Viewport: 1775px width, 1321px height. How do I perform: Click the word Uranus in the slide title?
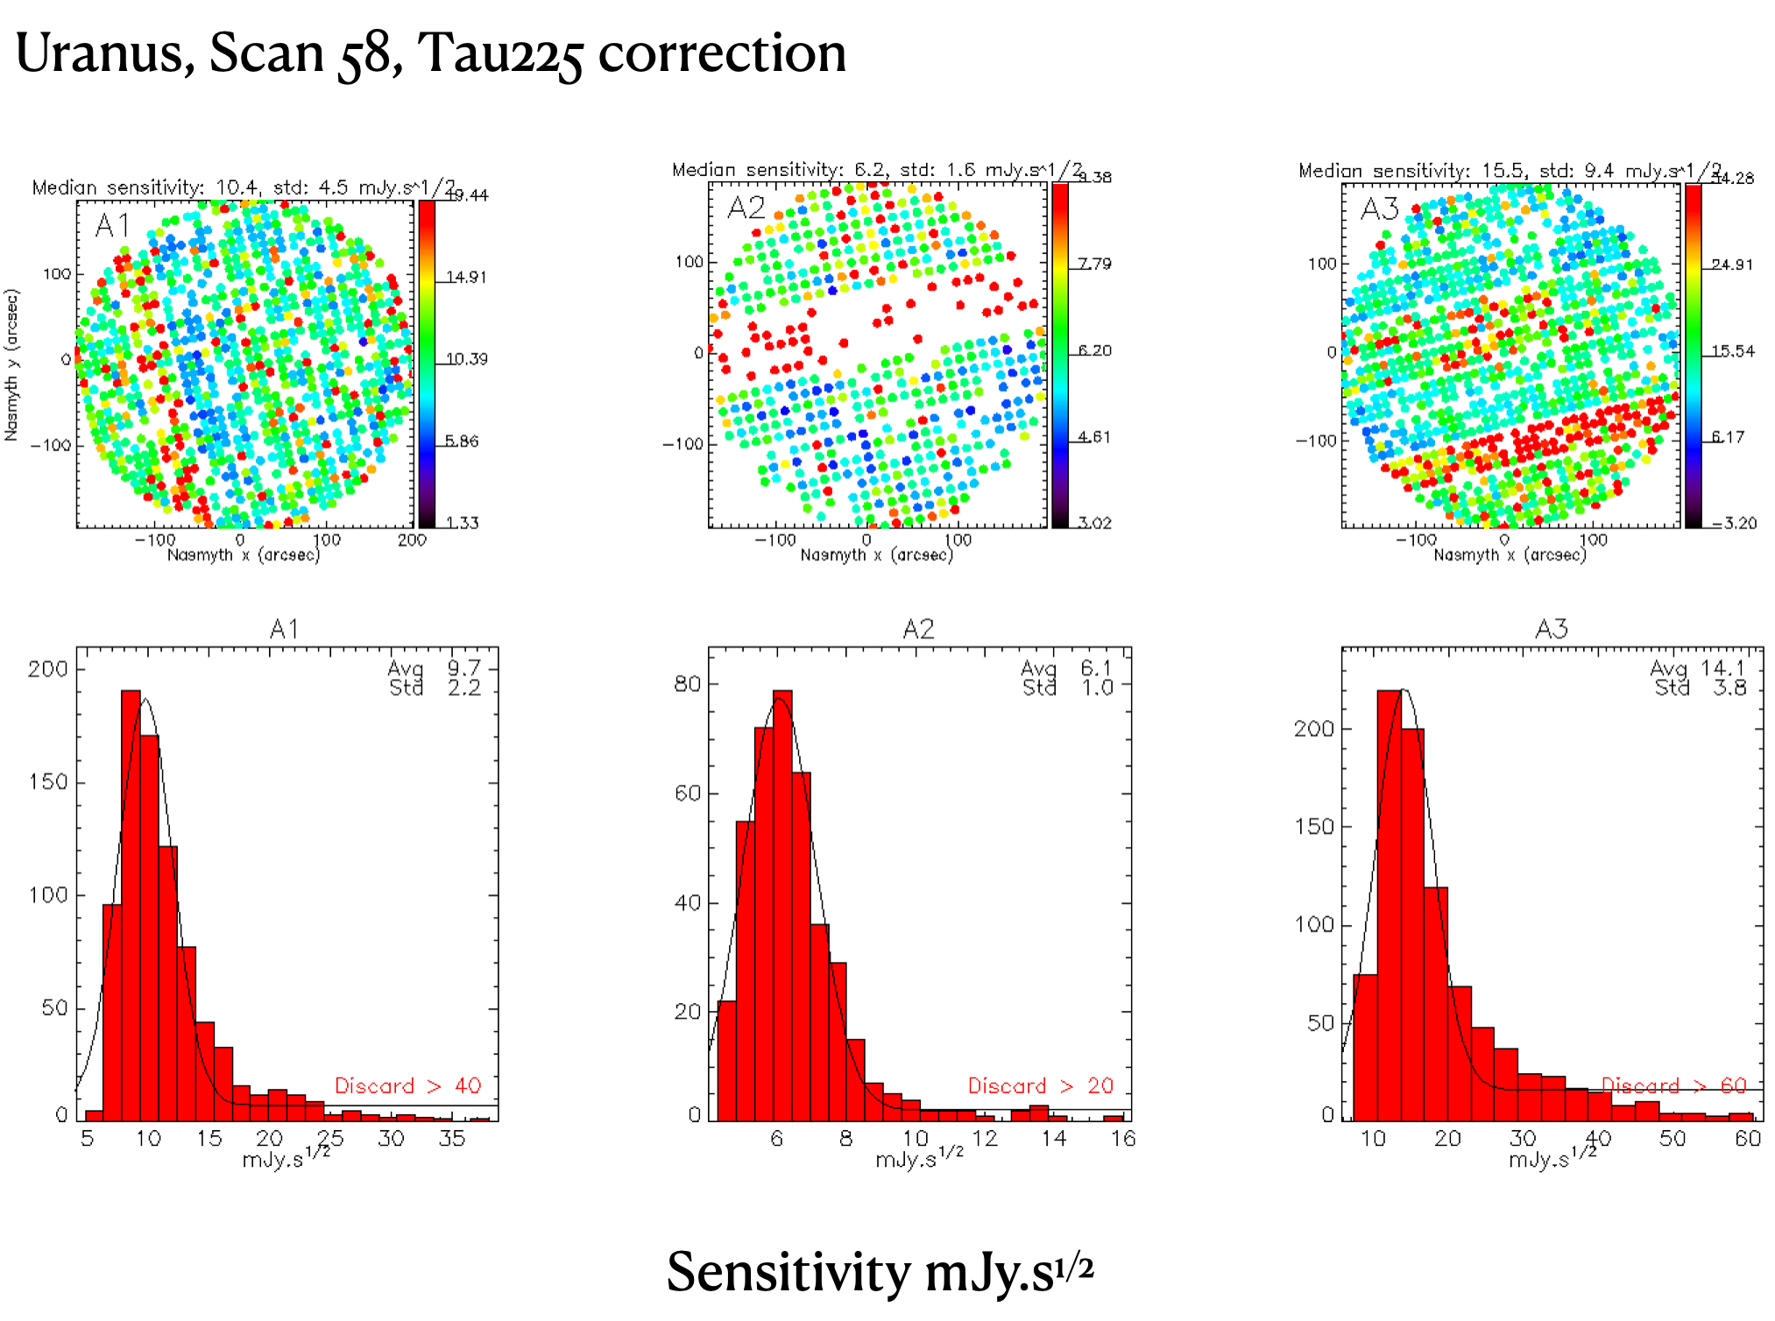pyautogui.click(x=103, y=53)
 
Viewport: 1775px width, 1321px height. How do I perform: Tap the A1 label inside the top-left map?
pyautogui.click(x=112, y=226)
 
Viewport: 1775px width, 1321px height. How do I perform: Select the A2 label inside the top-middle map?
pyautogui.click(x=746, y=208)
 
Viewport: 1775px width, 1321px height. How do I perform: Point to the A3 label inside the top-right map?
pyautogui.click(x=1379, y=208)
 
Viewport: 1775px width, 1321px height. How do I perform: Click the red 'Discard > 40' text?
pyautogui.click(x=407, y=1085)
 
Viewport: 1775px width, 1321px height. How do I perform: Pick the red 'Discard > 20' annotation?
pyautogui.click(x=1040, y=1085)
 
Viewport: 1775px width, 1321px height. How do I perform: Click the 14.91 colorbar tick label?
pyautogui.click(x=467, y=277)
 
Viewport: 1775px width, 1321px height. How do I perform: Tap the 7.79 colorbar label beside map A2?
pyautogui.click(x=1094, y=264)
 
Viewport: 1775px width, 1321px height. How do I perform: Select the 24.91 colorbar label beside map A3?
pyautogui.click(x=1732, y=265)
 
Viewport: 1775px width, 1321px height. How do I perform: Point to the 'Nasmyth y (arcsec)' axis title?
pyautogui.click(x=11, y=364)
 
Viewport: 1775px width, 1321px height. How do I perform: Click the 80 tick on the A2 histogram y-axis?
pyautogui.click(x=688, y=684)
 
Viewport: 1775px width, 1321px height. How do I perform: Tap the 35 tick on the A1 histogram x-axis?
pyautogui.click(x=452, y=1138)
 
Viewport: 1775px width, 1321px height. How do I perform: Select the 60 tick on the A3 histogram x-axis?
pyautogui.click(x=1747, y=1138)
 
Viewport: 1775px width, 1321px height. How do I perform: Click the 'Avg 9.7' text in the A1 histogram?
pyautogui.click(x=434, y=669)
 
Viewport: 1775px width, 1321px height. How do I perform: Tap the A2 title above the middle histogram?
pyautogui.click(x=918, y=629)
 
